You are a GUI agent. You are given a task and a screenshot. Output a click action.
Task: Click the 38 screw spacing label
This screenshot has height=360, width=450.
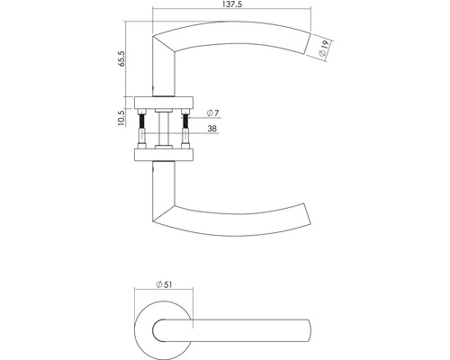(211, 128)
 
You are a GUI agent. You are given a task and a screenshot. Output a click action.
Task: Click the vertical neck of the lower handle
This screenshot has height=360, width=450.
(161, 184)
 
